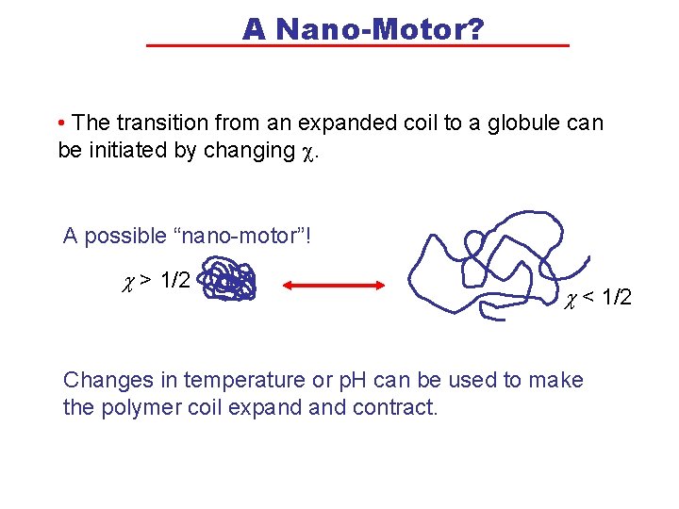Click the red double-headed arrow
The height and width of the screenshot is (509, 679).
(x=334, y=284)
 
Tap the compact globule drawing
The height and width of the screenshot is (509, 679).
(x=231, y=281)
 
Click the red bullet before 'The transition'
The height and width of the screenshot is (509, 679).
(x=61, y=123)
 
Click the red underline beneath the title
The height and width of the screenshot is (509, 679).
(x=358, y=45)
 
